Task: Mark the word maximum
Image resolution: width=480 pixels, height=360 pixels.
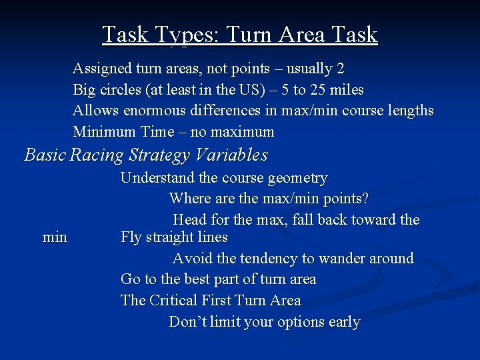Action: pos(241,132)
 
